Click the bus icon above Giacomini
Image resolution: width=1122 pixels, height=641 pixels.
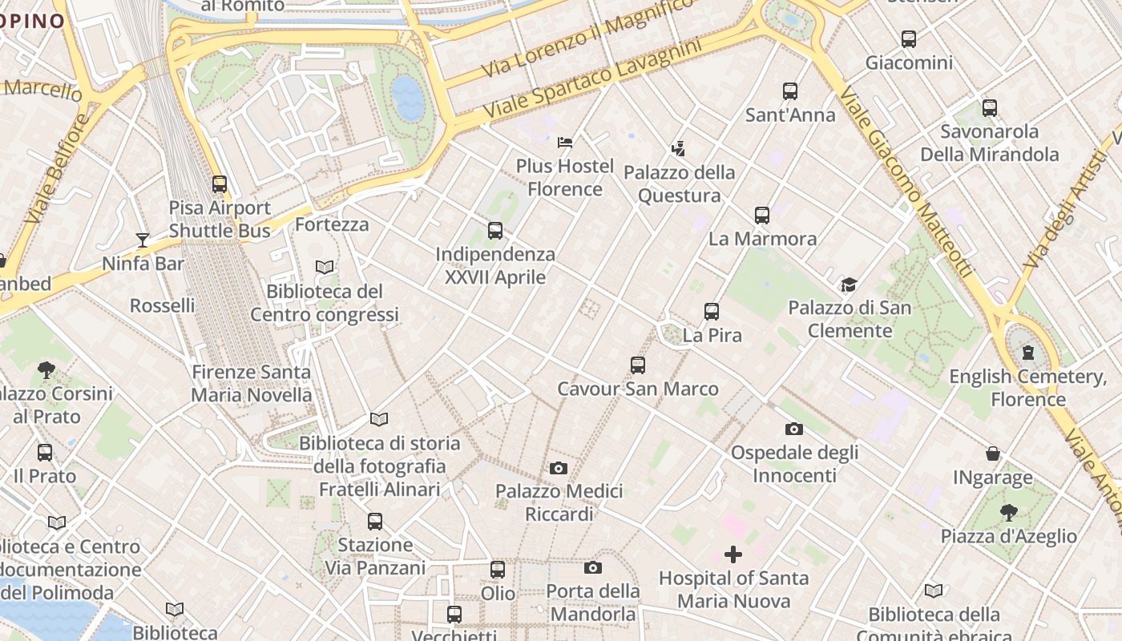click(x=908, y=39)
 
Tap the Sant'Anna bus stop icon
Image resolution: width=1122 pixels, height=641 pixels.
click(x=790, y=91)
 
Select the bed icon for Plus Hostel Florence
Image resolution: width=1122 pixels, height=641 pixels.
click(x=565, y=143)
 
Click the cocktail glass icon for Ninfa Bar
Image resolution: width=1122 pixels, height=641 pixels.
click(x=143, y=240)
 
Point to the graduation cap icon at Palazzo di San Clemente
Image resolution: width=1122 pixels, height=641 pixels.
click(x=849, y=284)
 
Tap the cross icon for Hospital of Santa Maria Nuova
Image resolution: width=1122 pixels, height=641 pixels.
click(x=733, y=554)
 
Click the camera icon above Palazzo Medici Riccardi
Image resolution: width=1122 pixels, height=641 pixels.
click(x=559, y=468)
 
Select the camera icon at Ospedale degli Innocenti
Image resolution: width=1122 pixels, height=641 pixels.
click(x=794, y=429)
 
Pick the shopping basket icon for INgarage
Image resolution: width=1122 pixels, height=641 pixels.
click(x=992, y=454)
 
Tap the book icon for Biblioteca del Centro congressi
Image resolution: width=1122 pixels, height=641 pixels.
click(x=325, y=268)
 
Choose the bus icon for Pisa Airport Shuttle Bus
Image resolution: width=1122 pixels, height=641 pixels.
click(x=220, y=184)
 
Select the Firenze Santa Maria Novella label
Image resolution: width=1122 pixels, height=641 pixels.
click(x=252, y=383)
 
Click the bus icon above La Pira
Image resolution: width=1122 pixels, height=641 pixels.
click(x=712, y=312)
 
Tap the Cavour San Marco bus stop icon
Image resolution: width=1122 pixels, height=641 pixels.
click(x=638, y=365)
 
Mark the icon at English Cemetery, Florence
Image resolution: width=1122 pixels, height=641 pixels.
click(x=1027, y=353)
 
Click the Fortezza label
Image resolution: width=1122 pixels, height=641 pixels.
click(x=332, y=224)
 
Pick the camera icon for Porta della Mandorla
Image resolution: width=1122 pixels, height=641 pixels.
click(x=592, y=568)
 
